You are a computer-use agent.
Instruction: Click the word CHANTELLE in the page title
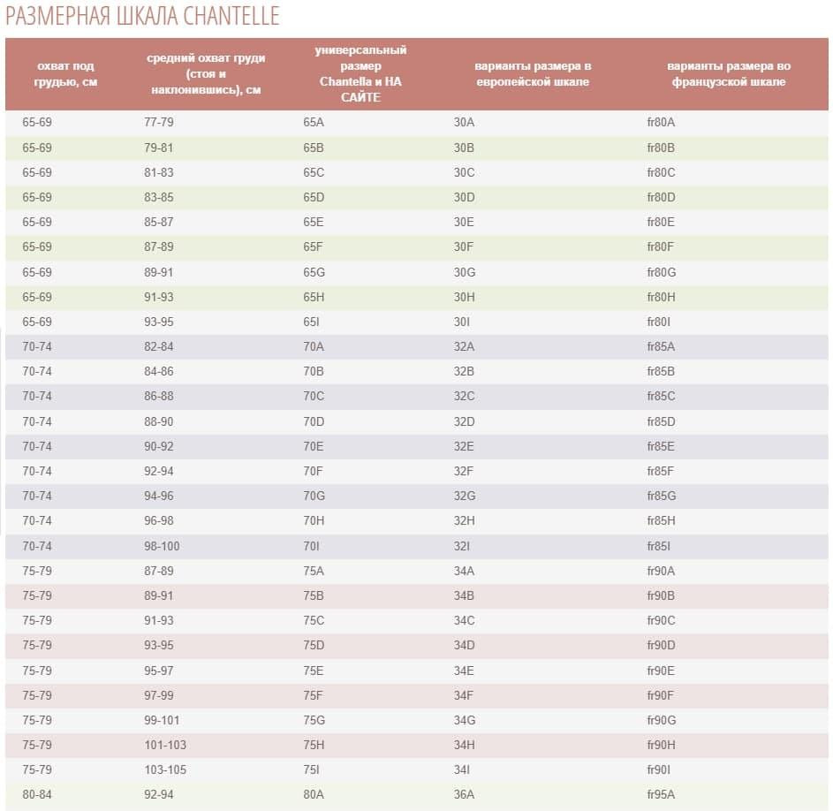231,16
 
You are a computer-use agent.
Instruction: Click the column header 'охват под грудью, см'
65,74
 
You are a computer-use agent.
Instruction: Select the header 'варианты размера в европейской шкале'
533,74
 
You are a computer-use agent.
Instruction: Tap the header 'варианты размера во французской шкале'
729,74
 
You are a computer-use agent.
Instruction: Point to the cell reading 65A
314,122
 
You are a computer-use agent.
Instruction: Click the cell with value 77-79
158,122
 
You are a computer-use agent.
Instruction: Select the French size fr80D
661,197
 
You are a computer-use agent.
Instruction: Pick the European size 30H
464,297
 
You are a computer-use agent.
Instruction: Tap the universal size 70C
314,396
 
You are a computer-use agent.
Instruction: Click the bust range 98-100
162,546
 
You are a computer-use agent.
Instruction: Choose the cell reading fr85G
662,496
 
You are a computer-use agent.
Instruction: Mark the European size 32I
461,546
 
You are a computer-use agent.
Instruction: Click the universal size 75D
314,645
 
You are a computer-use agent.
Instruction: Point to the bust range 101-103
165,745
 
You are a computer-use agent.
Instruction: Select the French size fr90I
658,769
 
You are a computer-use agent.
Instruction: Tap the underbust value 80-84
36,794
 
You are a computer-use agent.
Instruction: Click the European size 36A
464,794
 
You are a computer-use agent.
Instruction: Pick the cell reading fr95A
661,794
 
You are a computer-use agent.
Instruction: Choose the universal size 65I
311,322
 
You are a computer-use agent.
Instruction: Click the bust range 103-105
165,769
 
